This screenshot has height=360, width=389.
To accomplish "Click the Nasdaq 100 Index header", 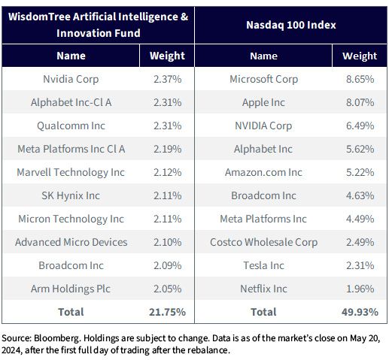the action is click(x=291, y=25).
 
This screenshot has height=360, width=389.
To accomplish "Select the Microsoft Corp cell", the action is click(x=263, y=79).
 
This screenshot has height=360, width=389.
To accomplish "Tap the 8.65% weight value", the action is click(x=360, y=79).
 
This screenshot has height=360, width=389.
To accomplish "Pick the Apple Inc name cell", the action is click(x=263, y=102).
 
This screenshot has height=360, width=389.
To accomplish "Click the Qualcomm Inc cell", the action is click(x=71, y=126).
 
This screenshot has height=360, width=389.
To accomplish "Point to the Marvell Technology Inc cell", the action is click(x=71, y=172).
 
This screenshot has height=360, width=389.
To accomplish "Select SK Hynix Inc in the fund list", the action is click(x=71, y=195).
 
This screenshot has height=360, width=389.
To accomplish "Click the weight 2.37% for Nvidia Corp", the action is click(x=167, y=79).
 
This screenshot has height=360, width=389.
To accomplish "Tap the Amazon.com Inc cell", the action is click(x=263, y=172).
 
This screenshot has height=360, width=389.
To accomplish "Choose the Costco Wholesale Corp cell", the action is click(x=263, y=242).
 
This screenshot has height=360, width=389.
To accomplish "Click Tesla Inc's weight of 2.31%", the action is click(x=360, y=265).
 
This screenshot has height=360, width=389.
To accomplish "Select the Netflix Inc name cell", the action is click(x=263, y=289).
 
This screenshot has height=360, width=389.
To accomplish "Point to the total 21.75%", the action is click(x=167, y=312).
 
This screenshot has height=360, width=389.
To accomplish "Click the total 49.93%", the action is click(x=360, y=312).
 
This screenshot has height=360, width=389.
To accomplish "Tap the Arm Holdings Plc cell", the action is click(x=71, y=289).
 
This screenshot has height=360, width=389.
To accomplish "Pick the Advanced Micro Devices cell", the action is click(x=71, y=242).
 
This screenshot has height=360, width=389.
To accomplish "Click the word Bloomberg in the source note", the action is click(x=57, y=338).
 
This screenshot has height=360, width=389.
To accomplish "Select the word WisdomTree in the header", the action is click(x=39, y=17).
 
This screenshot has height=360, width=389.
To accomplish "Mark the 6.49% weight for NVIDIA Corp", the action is click(x=360, y=126).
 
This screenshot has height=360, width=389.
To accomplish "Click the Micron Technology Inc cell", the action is click(x=71, y=219).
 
